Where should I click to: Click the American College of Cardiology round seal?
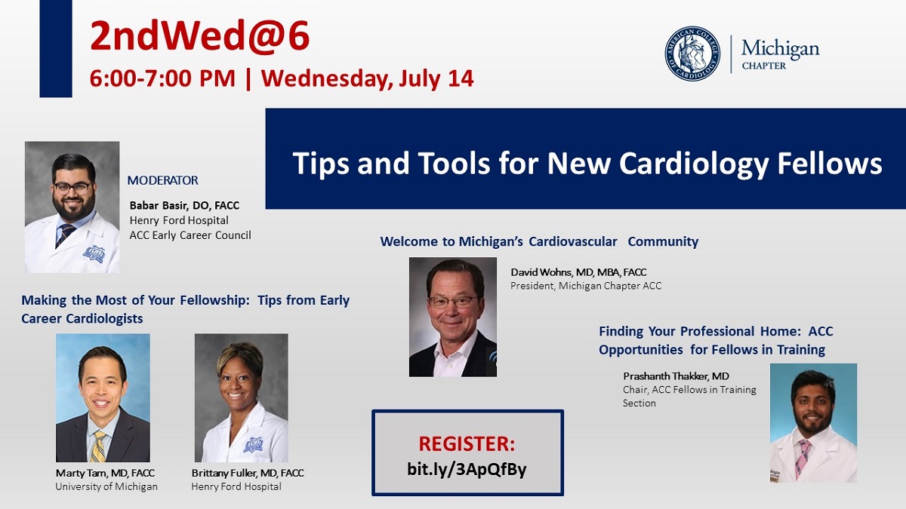(692, 54)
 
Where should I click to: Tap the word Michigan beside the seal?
(779, 49)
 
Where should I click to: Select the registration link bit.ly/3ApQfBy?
(467, 469)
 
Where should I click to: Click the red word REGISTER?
(467, 443)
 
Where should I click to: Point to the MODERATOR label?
(162, 180)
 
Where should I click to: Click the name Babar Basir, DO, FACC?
(184, 205)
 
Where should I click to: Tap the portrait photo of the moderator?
(72, 207)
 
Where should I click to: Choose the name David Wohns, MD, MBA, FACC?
(578, 271)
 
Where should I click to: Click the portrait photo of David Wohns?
(452, 317)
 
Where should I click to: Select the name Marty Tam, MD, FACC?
(105, 473)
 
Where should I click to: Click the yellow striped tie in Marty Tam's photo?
(99, 445)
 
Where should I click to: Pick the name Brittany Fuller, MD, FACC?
(248, 473)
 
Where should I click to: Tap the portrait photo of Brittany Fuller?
(241, 397)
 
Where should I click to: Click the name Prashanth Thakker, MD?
(676, 376)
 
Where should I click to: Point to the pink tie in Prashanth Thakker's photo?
(803, 456)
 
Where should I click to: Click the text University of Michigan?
(106, 486)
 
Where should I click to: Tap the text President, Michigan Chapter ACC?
(586, 286)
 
